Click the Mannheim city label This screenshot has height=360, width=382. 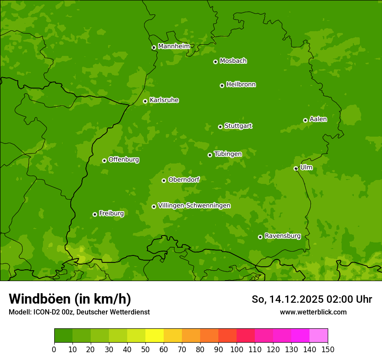point(174,46)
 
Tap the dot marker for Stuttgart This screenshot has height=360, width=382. point(220,127)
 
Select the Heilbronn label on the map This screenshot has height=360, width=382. point(241,84)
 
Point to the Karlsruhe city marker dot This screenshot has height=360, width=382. point(145,101)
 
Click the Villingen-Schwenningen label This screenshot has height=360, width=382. point(194,205)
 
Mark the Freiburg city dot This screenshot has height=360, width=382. point(95,214)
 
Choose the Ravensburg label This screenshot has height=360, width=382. point(282,236)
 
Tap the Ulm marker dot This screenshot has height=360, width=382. point(296,168)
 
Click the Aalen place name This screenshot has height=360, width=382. point(318,119)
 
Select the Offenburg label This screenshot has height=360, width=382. point(123,159)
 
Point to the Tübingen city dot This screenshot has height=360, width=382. point(210,155)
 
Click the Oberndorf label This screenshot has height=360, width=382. point(184,179)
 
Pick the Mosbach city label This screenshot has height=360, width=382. point(233,61)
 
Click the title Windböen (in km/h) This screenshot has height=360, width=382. point(69,299)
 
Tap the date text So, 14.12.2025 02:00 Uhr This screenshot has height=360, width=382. point(312,299)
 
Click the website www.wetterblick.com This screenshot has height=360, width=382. point(313,312)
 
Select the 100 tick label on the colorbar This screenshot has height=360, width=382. point(237,349)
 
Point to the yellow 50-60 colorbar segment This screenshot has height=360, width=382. point(155,336)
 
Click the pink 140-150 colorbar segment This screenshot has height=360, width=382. point(319,336)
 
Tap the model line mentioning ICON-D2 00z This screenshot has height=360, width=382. point(79,312)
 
